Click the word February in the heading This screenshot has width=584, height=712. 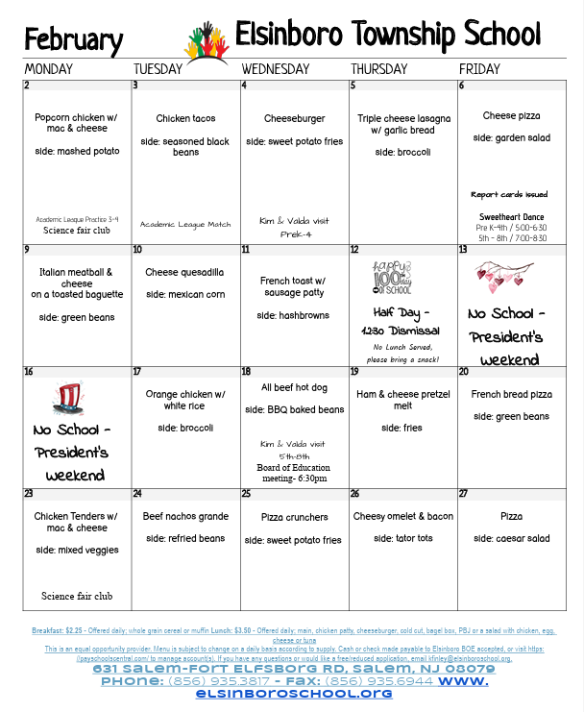[x=73, y=40]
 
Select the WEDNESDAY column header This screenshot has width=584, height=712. [x=276, y=69]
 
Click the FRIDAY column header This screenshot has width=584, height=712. [x=479, y=69]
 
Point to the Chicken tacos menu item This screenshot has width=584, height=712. [x=185, y=119]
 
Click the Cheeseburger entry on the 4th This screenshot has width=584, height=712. [x=294, y=119]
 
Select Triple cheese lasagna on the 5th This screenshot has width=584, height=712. [x=402, y=124]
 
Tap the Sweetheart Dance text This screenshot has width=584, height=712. [x=511, y=217]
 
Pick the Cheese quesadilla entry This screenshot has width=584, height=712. [x=184, y=272]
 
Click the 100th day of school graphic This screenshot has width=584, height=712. [x=392, y=277]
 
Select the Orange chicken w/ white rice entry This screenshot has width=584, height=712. [x=185, y=400]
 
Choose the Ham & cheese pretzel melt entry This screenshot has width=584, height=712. [x=402, y=400]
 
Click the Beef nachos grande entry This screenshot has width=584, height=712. [x=185, y=516]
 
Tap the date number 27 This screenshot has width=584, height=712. [x=465, y=494]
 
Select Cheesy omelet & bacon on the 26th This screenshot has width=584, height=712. [x=402, y=516]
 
